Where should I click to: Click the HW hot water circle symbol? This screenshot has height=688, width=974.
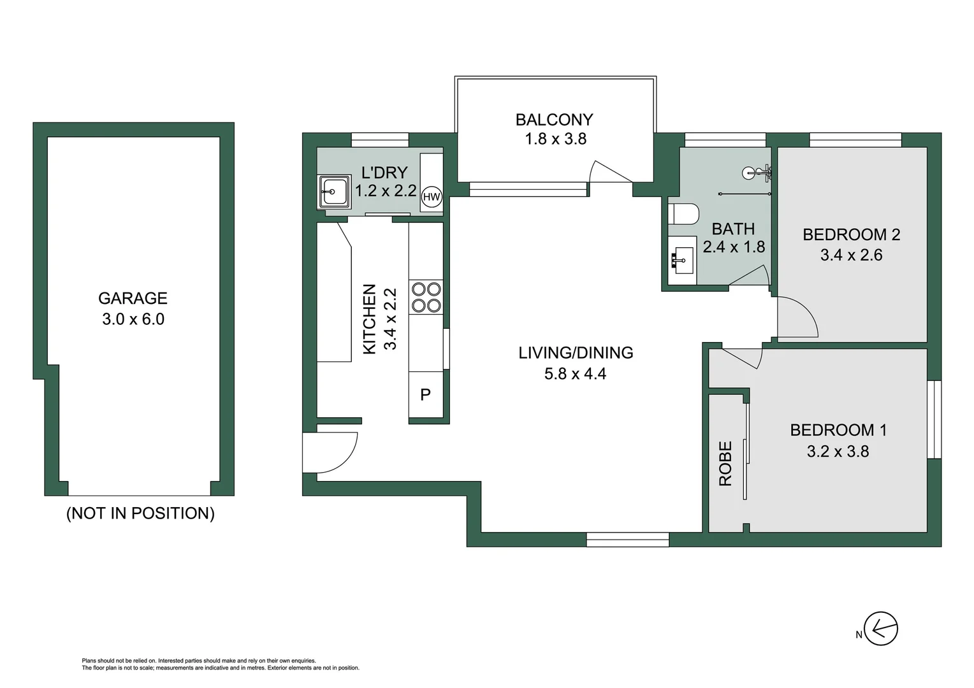432,197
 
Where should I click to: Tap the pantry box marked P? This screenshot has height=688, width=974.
426,395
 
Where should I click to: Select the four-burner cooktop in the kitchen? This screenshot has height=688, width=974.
426,297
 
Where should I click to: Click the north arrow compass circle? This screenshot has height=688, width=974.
881,629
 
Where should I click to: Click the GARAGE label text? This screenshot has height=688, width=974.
133,298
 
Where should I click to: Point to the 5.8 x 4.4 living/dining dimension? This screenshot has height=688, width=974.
575,374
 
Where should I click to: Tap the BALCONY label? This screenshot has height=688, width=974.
554,120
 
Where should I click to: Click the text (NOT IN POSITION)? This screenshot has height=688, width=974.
140,513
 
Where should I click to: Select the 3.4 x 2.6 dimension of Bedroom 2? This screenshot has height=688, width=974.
851,255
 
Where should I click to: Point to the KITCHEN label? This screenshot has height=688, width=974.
370,319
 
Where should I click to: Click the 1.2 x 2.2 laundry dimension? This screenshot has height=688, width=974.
386,190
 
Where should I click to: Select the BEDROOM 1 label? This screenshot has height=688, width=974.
838,430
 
